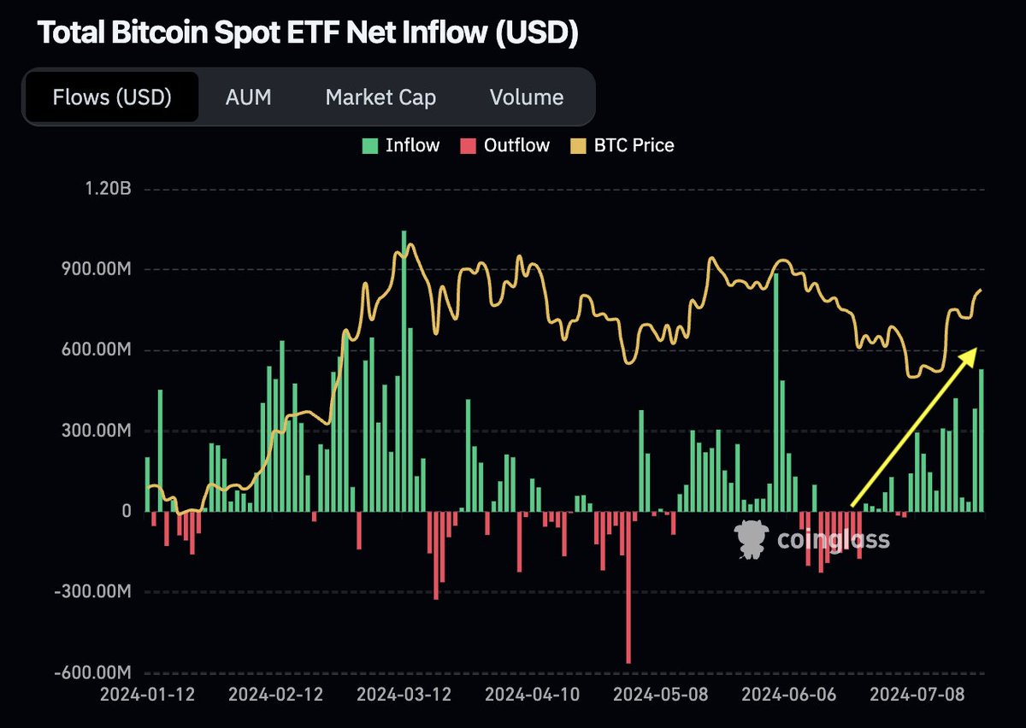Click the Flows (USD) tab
click(112, 97)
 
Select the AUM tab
click(248, 97)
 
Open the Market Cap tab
click(380, 97)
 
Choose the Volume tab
click(527, 97)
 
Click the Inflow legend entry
click(403, 145)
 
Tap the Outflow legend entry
click(506, 145)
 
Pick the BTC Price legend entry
click(622, 145)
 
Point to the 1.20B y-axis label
click(105, 190)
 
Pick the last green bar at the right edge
click(982, 440)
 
